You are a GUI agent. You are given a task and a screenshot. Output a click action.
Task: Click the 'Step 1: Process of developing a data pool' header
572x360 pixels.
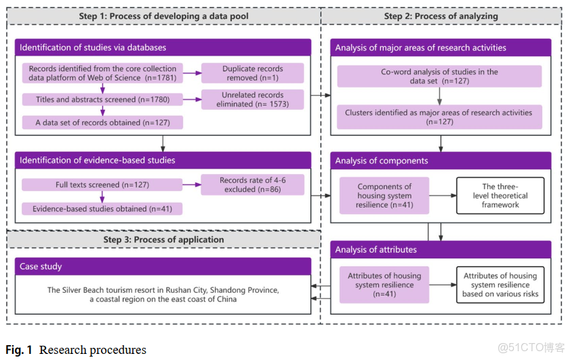pos(163,16)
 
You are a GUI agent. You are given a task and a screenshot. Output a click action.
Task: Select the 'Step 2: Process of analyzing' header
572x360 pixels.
pos(441,16)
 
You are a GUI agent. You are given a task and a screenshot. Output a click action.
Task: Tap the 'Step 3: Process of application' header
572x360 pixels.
pos(163,239)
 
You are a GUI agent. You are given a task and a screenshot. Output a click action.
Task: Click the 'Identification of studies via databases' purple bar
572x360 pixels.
pos(163,47)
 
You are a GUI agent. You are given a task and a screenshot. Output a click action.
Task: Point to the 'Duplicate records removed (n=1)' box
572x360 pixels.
pos(252,73)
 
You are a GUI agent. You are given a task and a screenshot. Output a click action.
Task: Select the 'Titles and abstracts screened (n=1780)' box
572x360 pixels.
pos(102,100)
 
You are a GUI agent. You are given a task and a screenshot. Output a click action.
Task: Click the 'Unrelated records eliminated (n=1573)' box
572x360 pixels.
pos(252,100)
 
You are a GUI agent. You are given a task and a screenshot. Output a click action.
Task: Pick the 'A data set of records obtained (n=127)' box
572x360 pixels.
pos(102,123)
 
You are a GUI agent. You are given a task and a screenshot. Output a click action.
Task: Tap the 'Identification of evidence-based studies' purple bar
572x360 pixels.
pos(163,160)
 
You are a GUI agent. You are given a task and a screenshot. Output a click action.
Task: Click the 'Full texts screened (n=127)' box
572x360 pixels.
pos(102,184)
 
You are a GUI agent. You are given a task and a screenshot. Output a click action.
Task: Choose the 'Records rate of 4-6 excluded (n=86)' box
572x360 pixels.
pos(252,185)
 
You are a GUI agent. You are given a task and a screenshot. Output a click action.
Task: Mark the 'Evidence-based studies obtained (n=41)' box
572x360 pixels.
pos(102,209)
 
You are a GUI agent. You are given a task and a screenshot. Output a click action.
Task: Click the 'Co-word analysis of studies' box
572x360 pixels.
pos(440,76)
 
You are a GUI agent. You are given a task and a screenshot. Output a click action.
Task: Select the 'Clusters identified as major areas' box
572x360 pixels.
pos(440,117)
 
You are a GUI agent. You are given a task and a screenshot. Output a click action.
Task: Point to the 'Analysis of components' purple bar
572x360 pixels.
pos(441,161)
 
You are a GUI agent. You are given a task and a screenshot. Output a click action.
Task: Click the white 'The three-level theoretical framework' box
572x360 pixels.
pos(500,195)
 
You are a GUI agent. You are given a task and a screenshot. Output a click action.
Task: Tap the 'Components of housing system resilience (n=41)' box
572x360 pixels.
pos(384,195)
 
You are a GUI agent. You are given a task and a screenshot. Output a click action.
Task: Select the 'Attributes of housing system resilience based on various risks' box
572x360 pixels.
pos(500,285)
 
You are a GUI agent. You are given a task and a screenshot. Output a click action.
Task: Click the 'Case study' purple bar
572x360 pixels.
pos(163,266)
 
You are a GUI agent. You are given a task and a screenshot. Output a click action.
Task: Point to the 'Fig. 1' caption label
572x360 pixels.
pos(19,350)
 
